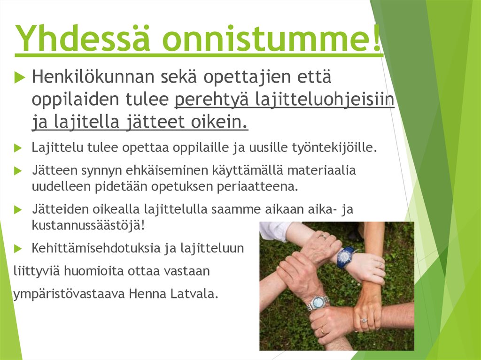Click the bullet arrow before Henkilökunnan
(19, 78)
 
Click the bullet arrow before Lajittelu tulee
(18, 148)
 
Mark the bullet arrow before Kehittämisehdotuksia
(18, 248)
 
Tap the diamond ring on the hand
(363, 320)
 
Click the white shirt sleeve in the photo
(274, 230)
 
